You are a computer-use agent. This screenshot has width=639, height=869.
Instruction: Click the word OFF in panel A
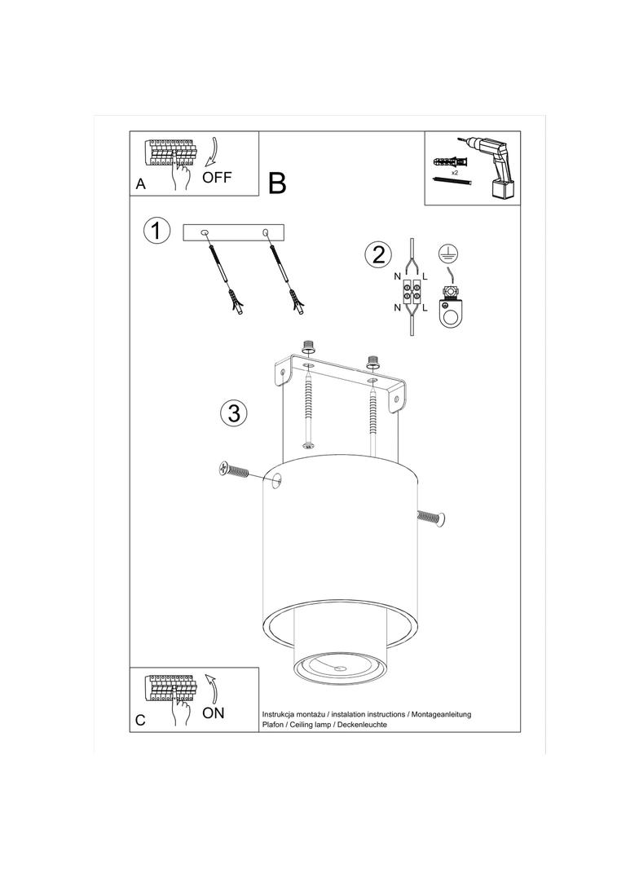click(x=217, y=178)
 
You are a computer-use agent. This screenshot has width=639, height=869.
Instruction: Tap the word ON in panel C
click(x=214, y=712)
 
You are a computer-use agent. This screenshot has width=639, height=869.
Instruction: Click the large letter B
click(x=277, y=183)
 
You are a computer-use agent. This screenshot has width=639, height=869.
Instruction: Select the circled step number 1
click(x=156, y=231)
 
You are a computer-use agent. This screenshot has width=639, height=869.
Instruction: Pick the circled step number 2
click(x=378, y=255)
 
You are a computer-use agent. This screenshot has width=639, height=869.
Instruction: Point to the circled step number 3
click(x=233, y=412)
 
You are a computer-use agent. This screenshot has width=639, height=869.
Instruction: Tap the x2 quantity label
click(x=455, y=173)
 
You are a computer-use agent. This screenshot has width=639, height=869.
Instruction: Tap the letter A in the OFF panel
click(x=141, y=184)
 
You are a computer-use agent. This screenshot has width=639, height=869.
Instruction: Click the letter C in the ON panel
click(x=140, y=720)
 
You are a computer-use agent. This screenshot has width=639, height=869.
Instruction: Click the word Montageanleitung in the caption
click(x=441, y=714)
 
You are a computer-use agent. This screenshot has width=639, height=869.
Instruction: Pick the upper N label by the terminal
click(x=398, y=276)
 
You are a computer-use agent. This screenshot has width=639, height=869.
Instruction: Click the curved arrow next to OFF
click(x=211, y=152)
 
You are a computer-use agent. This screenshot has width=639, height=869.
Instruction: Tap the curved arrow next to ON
click(x=211, y=688)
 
